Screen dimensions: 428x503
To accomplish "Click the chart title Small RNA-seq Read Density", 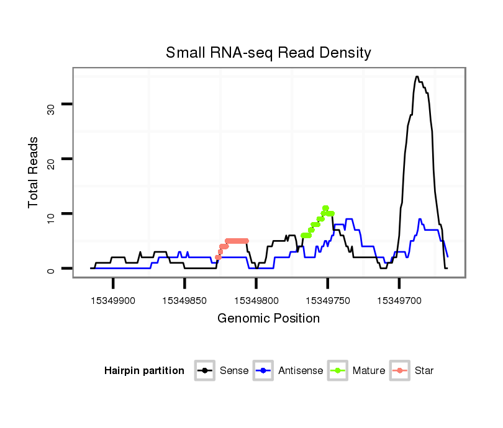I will point(268,53).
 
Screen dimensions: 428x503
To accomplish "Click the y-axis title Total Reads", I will point(34,172).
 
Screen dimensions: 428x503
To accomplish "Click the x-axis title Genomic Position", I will point(268,319).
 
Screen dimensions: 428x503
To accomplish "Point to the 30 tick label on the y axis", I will point(51,109).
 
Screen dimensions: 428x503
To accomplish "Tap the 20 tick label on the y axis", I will point(51,164).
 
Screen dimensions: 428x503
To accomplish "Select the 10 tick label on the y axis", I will point(51,218).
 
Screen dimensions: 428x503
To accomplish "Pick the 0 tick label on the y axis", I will point(51,270).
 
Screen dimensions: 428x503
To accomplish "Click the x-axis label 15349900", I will point(113,301).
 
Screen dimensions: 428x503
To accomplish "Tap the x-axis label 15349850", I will point(184,301).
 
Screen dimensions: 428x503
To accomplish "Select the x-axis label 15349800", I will point(256,301).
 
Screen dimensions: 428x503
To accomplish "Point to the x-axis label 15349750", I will point(327,301).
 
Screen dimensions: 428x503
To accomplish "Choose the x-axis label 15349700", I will point(399,301).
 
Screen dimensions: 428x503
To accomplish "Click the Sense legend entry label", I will point(234,371).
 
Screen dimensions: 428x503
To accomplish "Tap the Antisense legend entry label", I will point(301,371).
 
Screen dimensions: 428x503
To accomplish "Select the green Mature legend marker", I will point(338,371).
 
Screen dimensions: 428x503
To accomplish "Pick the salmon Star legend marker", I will point(400,371).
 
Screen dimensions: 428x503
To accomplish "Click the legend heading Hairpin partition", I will point(144,371).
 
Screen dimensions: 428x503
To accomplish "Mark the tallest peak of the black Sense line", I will point(417,77).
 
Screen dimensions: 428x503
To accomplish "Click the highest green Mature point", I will point(325,208).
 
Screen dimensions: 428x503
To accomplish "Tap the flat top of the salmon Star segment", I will point(237,241).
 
